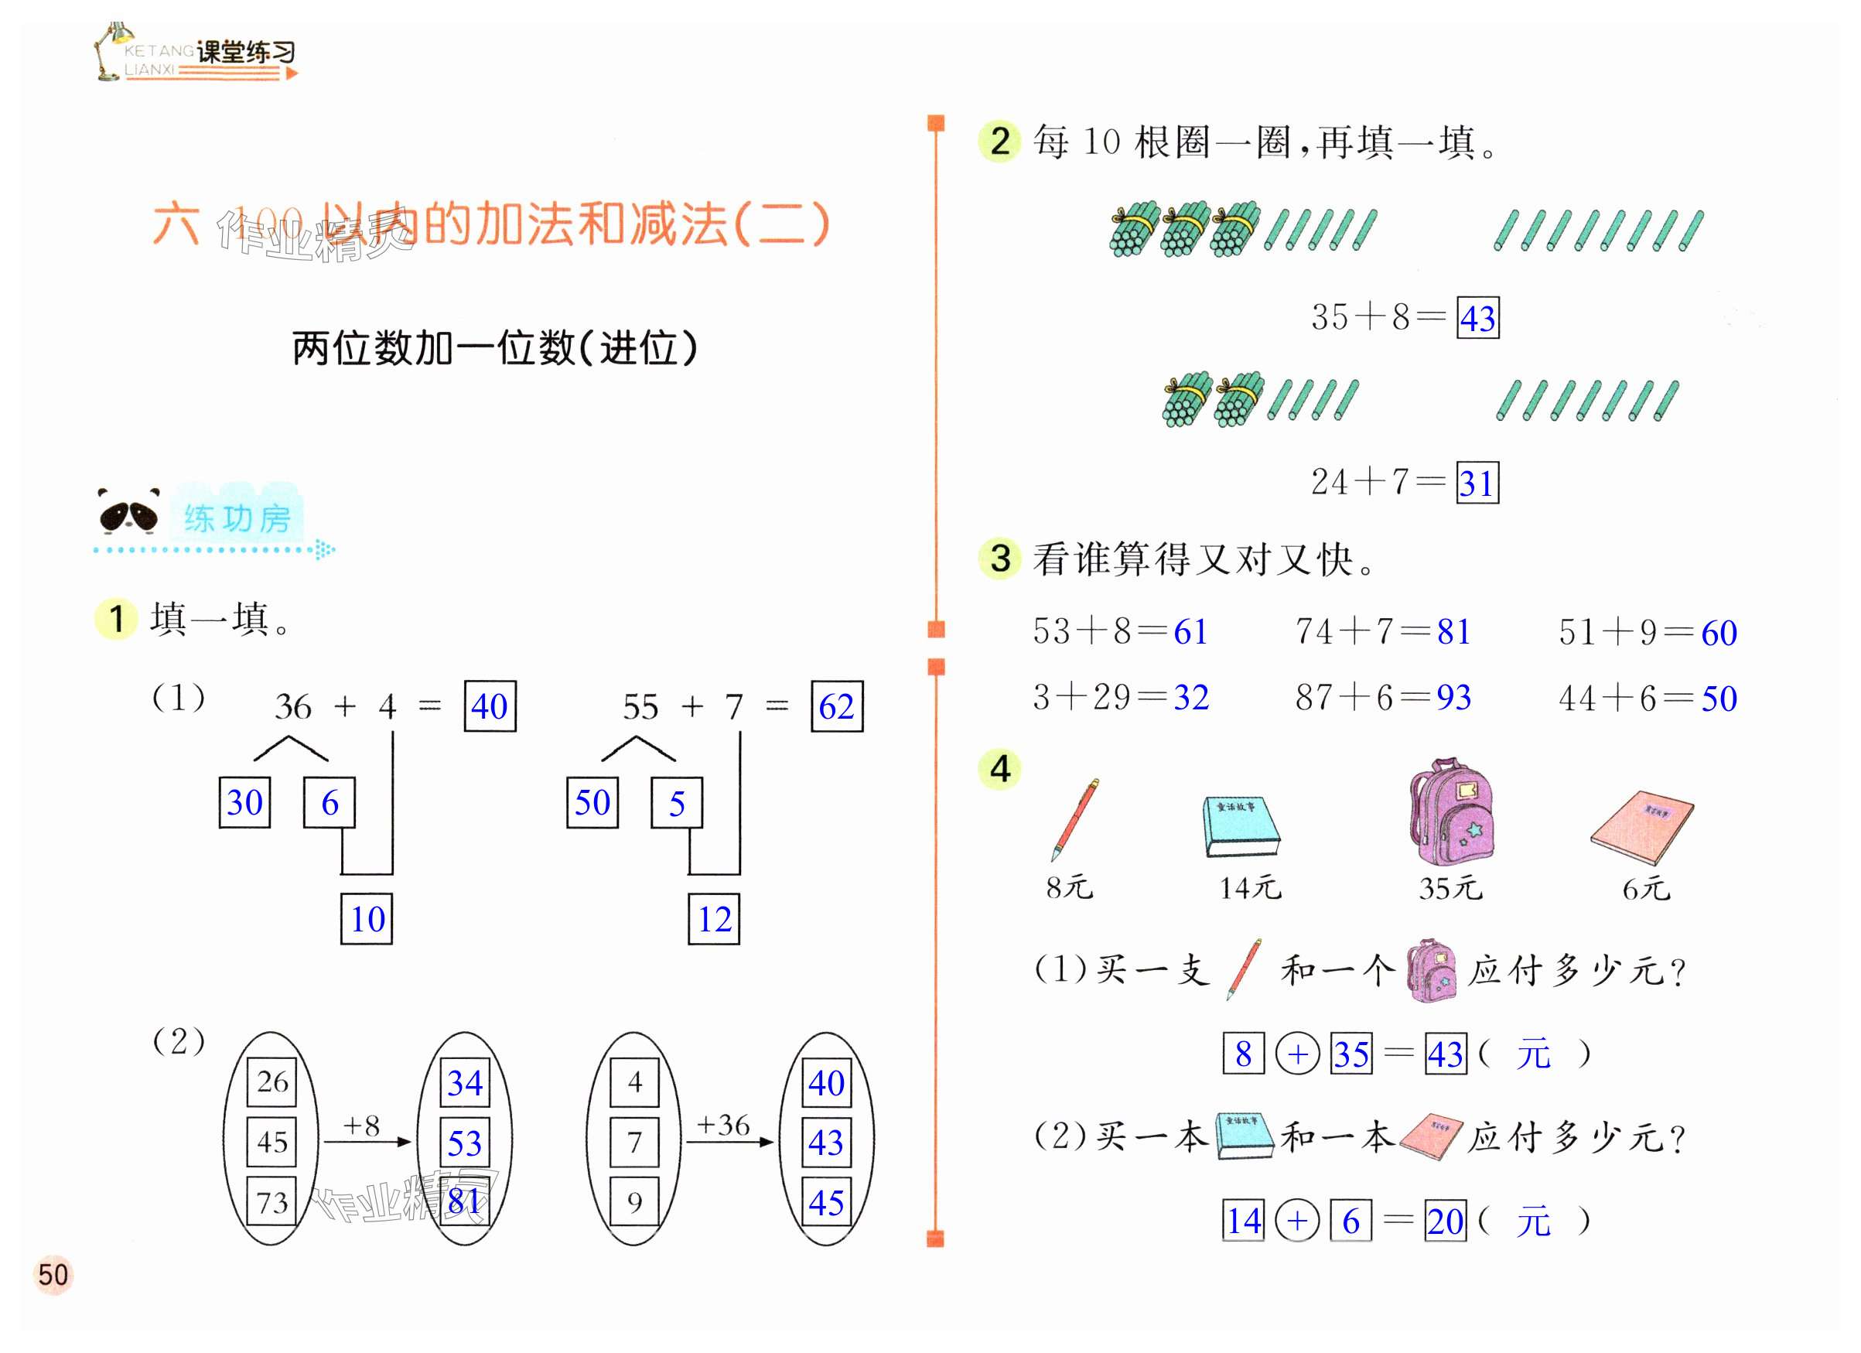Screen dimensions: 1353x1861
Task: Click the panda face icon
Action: pos(128,512)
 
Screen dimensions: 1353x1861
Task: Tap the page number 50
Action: pos(53,1275)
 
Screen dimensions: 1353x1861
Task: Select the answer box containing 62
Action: pos(836,706)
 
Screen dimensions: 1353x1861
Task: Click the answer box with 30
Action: pos(244,802)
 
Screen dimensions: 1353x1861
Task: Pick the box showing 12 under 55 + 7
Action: pos(714,919)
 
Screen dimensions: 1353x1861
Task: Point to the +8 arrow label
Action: pos(361,1126)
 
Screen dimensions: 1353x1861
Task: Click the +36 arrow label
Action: pos(722,1124)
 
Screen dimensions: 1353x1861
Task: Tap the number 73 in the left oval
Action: pos(271,1203)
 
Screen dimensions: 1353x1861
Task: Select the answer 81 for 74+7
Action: pos(1453,632)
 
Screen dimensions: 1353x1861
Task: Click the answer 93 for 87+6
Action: pos(1453,698)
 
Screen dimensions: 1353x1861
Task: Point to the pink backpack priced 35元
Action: pos(1452,812)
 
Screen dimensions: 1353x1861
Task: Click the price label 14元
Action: pos(1250,888)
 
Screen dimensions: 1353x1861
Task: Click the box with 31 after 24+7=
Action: pos(1477,483)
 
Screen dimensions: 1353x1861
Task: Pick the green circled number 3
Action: pos(999,559)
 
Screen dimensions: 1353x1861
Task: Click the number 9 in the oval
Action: pos(634,1203)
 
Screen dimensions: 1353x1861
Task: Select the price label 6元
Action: pos(1645,889)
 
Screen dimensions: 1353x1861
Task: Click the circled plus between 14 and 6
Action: pos(1297,1221)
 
